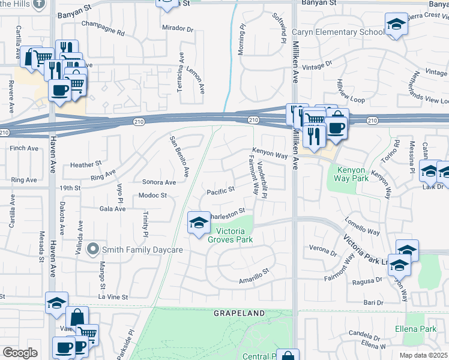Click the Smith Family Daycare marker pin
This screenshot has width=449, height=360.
pyautogui.click(x=92, y=248)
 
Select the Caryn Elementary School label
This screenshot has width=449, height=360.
pyautogui.click(x=339, y=32)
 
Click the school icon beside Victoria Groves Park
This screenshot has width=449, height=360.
pyautogui.click(x=197, y=223)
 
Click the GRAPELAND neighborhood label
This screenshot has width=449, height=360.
pyautogui.click(x=240, y=313)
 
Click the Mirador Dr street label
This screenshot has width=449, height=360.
pyautogui.click(x=178, y=28)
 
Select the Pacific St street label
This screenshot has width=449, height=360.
pyautogui.click(x=220, y=192)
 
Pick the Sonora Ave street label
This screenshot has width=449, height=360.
pyautogui.click(x=159, y=182)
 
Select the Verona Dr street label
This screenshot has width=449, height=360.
pyautogui.click(x=324, y=247)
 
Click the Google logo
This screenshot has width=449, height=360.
pyautogui.click(x=20, y=352)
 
